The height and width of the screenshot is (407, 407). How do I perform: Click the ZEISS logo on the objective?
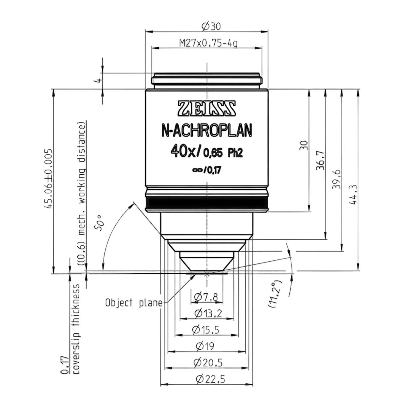(x=207, y=108)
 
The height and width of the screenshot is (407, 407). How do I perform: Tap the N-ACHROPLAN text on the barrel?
(x=207, y=131)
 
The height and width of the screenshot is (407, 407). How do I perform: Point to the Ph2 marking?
(x=235, y=153)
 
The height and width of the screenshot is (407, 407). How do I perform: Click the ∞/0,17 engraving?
(x=207, y=170)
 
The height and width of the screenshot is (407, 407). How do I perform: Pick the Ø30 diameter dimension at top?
(x=211, y=26)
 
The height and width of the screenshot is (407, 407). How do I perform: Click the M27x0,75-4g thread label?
(x=208, y=43)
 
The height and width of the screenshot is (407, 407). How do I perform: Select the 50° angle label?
(x=99, y=223)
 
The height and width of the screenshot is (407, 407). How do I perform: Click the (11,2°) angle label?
(x=275, y=294)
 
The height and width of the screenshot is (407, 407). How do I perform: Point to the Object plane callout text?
(x=134, y=303)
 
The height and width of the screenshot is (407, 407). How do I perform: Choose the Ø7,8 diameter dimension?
(x=206, y=297)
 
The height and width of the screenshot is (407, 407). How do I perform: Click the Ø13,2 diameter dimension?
(x=208, y=313)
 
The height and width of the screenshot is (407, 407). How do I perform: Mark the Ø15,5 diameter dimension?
(x=206, y=330)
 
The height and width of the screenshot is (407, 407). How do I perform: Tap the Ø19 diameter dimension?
(x=205, y=346)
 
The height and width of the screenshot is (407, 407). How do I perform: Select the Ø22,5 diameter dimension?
(x=210, y=379)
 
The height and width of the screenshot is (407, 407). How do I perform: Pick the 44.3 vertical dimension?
(x=353, y=195)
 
